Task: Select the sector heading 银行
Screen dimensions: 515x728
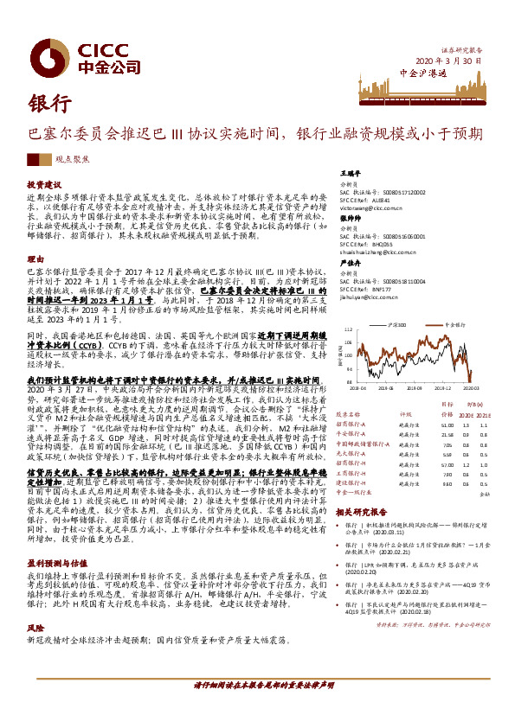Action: coord(51,103)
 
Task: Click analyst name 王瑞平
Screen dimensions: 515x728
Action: coord(350,173)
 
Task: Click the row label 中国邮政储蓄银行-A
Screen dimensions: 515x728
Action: coord(363,443)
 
